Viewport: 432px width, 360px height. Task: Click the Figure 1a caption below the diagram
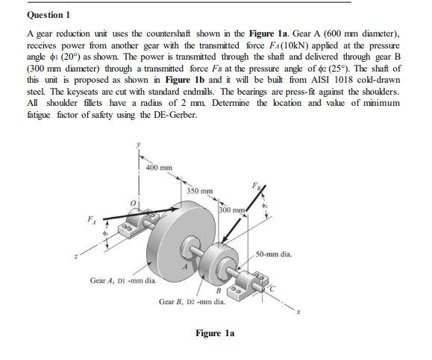pos(215,333)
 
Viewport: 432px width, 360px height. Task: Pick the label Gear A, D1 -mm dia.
pos(122,281)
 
